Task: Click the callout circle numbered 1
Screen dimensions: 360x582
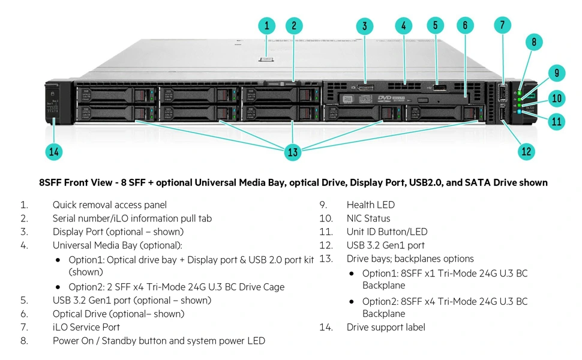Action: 267,26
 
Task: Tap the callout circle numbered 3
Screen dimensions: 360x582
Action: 364,26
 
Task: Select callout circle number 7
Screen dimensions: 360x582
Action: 503,25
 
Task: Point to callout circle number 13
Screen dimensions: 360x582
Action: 293,152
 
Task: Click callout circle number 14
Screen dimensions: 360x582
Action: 54,151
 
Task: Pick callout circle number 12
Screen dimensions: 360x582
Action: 526,151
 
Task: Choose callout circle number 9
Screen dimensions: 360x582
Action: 557,73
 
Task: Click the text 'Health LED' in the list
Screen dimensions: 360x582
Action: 370,205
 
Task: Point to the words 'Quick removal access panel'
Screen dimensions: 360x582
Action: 110,205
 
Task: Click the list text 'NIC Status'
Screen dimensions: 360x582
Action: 368,218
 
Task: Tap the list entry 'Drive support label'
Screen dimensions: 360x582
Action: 386,327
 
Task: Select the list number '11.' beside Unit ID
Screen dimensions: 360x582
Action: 326,232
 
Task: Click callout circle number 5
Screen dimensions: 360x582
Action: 435,25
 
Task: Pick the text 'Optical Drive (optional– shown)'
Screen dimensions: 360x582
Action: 118,314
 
